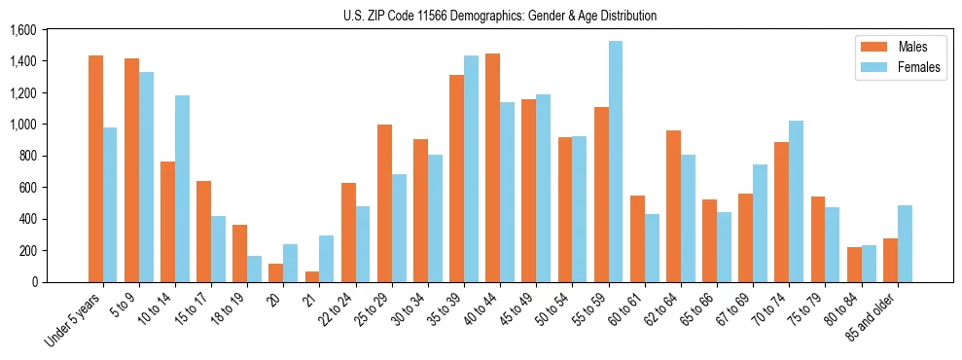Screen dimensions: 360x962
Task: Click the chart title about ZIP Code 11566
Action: pyautogui.click(x=500, y=16)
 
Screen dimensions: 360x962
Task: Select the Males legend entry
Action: pyautogui.click(x=898, y=47)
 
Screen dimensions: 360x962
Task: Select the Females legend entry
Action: pyautogui.click(x=898, y=68)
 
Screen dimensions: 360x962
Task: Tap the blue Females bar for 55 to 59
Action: pyautogui.click(x=615, y=162)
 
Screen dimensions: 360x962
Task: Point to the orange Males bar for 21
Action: pyautogui.click(x=312, y=276)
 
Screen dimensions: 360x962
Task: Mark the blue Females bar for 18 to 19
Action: pyautogui.click(x=254, y=269)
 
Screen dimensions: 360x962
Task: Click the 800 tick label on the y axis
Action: pyautogui.click(x=27, y=156)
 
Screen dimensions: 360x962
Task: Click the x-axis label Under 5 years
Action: pyautogui.click(x=75, y=320)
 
